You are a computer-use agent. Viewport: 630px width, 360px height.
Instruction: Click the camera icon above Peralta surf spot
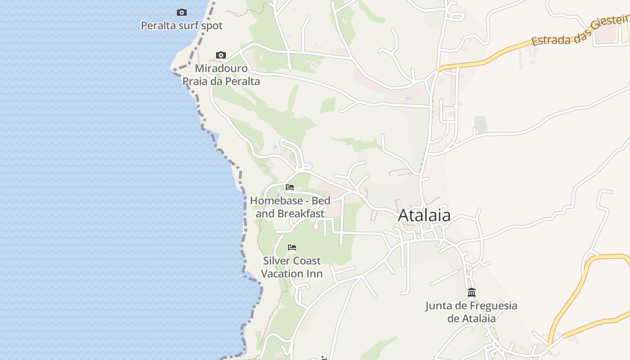pos(182,13)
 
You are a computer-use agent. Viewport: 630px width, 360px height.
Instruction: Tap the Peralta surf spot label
pos(182,26)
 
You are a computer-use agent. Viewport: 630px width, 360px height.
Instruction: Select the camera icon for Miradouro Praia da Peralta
pos(221,55)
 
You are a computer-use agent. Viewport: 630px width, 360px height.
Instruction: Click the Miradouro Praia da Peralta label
pos(221,75)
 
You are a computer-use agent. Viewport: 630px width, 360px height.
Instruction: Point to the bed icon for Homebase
pos(290,187)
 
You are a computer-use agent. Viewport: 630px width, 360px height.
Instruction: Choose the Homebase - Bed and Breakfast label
pos(290,207)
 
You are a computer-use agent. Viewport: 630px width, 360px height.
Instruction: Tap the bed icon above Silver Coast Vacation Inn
pos(292,247)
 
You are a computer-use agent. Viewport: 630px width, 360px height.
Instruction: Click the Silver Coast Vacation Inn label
pos(292,267)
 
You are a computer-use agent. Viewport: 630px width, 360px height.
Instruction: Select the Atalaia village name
pos(424,216)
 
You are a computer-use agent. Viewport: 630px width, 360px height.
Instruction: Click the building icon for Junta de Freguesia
pos(472,292)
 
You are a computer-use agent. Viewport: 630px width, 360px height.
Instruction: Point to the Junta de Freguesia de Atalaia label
pos(472,312)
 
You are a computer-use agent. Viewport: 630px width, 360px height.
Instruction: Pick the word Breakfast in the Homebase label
pos(301,214)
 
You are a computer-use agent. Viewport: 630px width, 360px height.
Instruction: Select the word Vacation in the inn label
pos(281,274)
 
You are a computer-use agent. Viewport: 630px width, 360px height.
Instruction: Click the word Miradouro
pos(221,69)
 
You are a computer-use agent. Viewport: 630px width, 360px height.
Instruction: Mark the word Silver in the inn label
pos(276,261)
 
